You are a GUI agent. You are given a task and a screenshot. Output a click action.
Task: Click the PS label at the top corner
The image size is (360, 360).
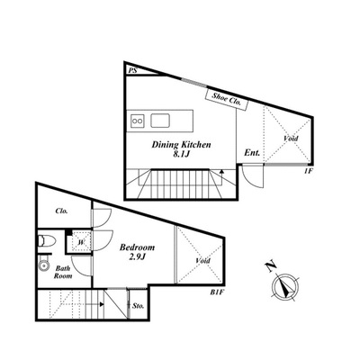[x=132, y=71]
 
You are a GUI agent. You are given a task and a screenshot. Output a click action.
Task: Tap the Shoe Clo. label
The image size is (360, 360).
[x=227, y=99]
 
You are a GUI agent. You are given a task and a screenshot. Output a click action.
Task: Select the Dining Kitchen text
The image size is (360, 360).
[x=181, y=145]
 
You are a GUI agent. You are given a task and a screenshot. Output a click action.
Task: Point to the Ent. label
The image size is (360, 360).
[x=252, y=153]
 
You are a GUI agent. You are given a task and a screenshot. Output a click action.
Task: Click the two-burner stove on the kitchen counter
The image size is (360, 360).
[x=138, y=121]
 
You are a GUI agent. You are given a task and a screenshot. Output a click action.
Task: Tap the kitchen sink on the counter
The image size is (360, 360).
[x=160, y=121]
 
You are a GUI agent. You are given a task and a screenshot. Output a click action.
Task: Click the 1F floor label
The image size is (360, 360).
[x=309, y=171]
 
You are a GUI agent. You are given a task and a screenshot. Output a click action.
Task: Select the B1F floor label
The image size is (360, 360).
[x=218, y=292]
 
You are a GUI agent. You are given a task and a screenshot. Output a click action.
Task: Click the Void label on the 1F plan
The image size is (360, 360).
[x=291, y=139]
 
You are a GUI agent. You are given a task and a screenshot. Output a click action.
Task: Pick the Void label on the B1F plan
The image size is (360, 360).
[x=202, y=260]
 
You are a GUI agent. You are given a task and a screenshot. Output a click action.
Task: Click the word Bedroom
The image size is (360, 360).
[x=138, y=247]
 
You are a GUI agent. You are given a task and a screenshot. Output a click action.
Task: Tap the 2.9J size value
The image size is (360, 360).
[x=137, y=257]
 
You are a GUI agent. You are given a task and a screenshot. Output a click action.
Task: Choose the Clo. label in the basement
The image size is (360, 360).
[x=61, y=211]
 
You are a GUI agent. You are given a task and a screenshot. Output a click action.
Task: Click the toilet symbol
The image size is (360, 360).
[x=47, y=241]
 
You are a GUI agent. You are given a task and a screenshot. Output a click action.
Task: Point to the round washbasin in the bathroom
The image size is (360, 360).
[x=44, y=265]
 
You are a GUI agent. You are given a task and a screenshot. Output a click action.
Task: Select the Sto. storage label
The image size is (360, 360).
[x=139, y=306]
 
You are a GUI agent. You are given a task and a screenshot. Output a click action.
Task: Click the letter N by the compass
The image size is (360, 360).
[x=271, y=266]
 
